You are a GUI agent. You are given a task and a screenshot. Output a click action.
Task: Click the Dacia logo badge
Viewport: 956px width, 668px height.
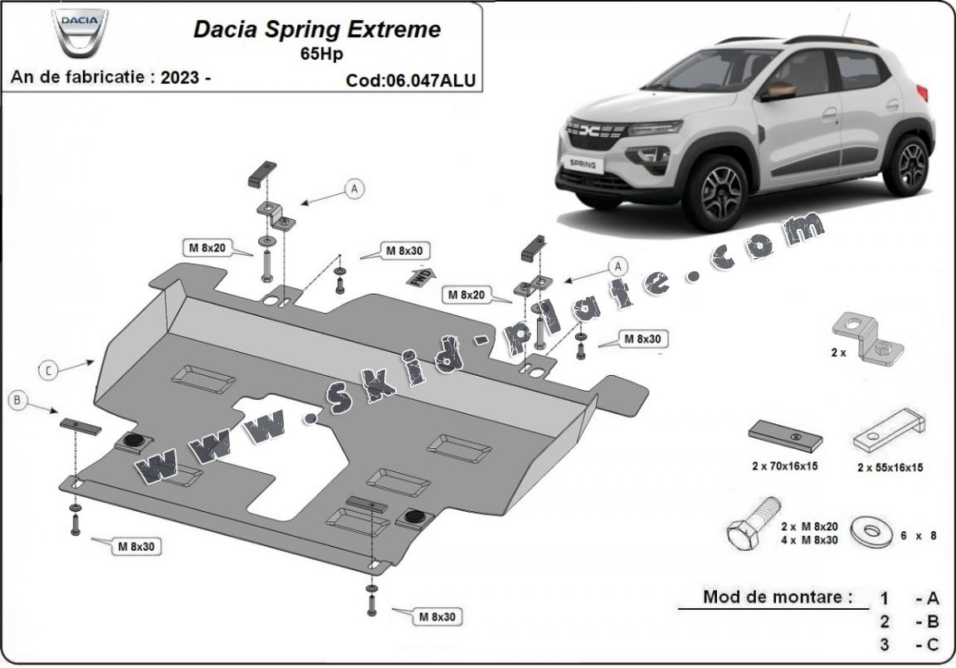80,32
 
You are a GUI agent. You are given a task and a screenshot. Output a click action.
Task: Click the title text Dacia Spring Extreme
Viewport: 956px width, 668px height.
317,30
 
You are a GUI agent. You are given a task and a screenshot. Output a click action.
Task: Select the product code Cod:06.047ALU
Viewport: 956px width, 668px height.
412,80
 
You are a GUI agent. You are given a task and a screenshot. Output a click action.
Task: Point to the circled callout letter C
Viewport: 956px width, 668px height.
48,371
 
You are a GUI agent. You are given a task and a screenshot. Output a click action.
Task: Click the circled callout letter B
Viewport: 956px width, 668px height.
17,402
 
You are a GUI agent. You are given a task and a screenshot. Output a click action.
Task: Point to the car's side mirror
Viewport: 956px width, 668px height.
779,90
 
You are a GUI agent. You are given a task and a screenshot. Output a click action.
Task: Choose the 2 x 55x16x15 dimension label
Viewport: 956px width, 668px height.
890,467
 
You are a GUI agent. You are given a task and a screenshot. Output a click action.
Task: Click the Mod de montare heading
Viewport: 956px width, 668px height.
777,596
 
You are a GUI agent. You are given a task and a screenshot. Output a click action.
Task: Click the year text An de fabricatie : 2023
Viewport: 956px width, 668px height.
110,77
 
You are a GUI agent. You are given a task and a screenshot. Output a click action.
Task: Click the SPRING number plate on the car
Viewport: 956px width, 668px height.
582,163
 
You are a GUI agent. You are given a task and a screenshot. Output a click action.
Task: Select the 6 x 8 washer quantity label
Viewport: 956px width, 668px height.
918,535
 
